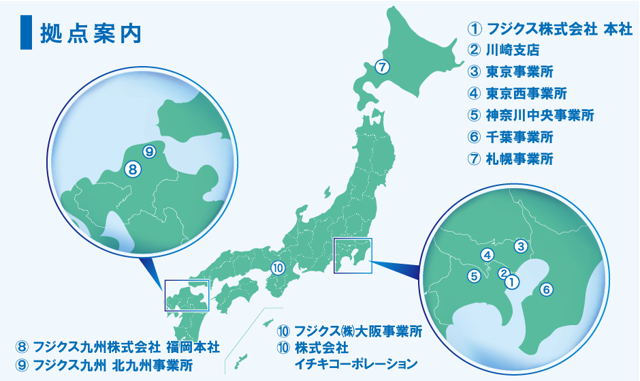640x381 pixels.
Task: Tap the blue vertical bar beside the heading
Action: [27, 33]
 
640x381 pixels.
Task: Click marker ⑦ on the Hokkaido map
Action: [382, 67]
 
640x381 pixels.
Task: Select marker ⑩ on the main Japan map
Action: [277, 268]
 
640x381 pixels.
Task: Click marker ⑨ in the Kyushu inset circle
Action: [149, 151]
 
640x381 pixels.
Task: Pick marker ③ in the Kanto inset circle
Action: [521, 246]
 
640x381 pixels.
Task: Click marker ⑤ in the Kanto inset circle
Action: [475, 276]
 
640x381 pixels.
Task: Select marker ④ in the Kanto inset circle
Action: [487, 256]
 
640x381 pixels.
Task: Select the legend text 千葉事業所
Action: [519, 137]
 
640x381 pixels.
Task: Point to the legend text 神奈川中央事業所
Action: [541, 115]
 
